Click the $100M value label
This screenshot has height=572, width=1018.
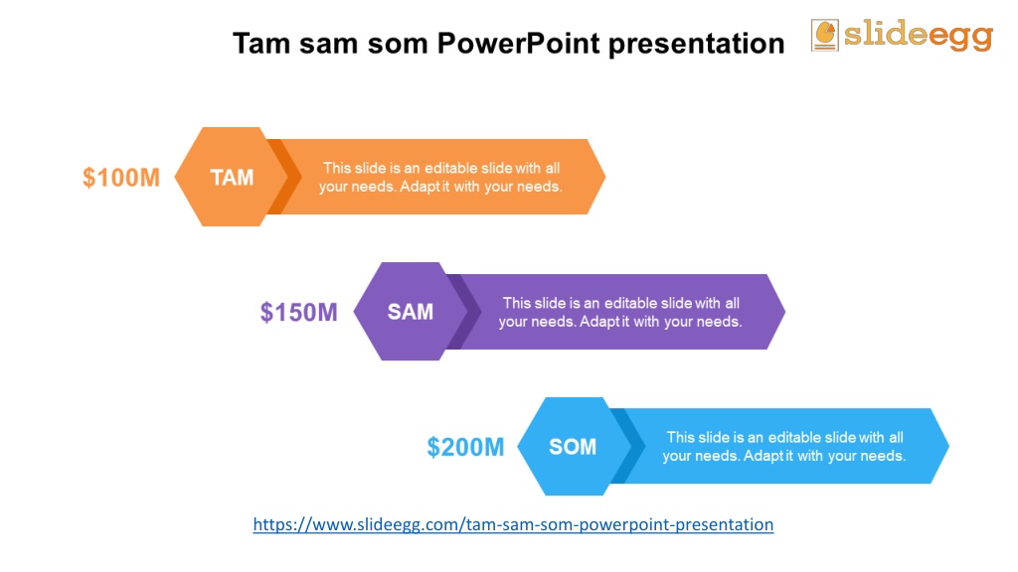click(x=120, y=177)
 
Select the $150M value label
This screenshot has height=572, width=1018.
click(x=298, y=312)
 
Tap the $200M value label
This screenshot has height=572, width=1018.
click(x=465, y=447)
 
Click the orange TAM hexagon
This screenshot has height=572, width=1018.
click(x=231, y=177)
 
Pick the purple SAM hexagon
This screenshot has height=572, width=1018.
click(x=411, y=311)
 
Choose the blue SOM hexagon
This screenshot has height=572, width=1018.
click(x=574, y=446)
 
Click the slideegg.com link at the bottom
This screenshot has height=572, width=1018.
click(x=513, y=524)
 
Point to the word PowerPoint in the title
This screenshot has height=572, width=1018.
click(x=518, y=44)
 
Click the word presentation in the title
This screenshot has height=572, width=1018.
click(x=697, y=44)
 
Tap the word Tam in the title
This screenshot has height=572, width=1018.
click(x=261, y=44)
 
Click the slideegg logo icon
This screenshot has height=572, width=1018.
click(x=824, y=35)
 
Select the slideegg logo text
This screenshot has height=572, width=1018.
click(x=918, y=35)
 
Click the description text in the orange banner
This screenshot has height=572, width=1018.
click(x=440, y=177)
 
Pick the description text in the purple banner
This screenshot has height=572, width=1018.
click(x=620, y=312)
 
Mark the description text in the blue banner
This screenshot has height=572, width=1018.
click(x=783, y=446)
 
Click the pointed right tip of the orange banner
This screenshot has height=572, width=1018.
click(x=605, y=177)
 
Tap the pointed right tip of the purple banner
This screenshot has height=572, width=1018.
click(x=785, y=312)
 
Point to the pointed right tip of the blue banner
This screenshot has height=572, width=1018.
click(x=948, y=446)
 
